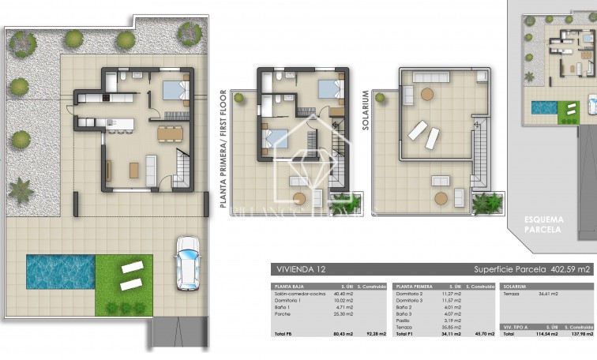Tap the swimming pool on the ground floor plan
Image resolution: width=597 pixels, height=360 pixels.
click(x=60, y=271)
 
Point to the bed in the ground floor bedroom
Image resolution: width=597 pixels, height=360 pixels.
click(x=175, y=90)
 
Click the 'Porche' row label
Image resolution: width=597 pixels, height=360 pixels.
click(x=281, y=313)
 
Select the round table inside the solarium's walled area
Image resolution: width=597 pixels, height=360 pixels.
click(x=427, y=94)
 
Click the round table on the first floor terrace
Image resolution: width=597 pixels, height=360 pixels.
click(x=299, y=198)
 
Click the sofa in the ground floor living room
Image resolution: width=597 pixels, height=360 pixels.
click(x=151, y=169)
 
